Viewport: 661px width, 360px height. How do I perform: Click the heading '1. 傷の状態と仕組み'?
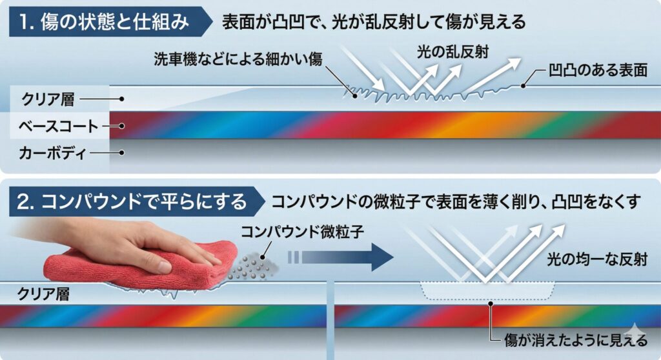103,22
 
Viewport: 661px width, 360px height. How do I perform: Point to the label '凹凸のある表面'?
598,70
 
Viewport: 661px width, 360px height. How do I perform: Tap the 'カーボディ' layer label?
54,153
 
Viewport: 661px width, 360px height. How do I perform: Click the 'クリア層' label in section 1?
48,100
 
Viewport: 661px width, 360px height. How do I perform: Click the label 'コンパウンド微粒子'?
303,232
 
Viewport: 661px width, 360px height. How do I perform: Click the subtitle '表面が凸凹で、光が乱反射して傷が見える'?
374,22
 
